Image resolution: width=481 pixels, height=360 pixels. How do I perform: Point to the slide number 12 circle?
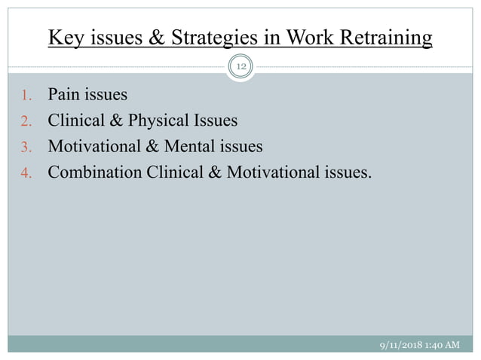click(x=240, y=67)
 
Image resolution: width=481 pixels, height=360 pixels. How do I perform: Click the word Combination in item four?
click(x=95, y=172)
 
